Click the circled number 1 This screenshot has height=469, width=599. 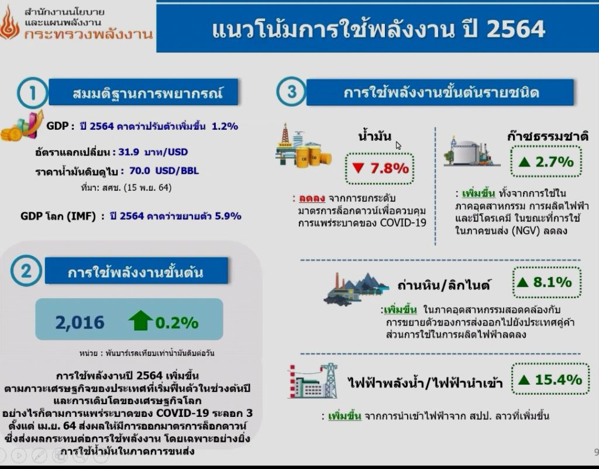[x=33, y=93]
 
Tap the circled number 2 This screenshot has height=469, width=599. [x=26, y=271]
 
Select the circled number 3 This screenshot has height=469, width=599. [x=291, y=92]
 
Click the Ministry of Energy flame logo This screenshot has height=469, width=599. [x=9, y=23]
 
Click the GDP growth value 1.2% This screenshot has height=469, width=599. [x=225, y=126]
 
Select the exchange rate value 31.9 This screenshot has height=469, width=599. [x=128, y=152]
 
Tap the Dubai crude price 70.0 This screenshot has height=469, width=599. [x=139, y=170]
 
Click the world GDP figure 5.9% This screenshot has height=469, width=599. [x=228, y=216]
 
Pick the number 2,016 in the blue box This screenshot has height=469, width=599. [x=80, y=322]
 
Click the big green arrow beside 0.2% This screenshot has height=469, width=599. [x=140, y=320]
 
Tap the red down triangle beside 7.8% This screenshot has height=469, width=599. [x=358, y=168]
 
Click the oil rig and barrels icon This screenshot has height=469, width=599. [x=304, y=145]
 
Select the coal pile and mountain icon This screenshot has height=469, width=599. [x=355, y=288]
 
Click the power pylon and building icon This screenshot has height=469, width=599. [x=313, y=381]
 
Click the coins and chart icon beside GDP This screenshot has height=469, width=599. [x=22, y=126]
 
